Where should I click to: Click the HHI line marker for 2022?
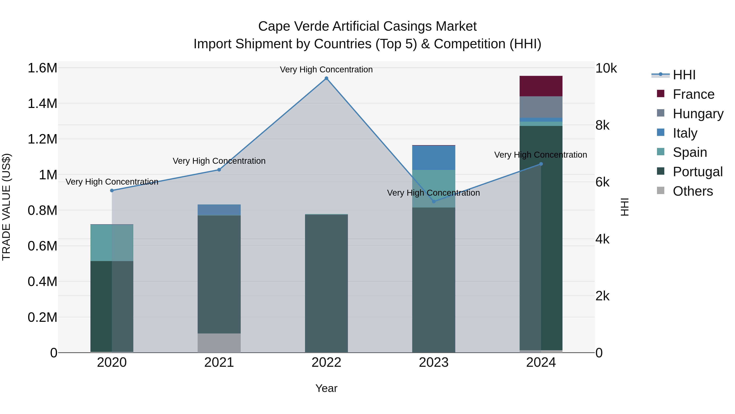click(326, 78)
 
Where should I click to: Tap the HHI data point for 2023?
click(434, 201)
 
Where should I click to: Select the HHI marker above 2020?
click(112, 191)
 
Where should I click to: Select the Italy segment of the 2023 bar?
click(434, 158)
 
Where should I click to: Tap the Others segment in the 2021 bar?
click(219, 343)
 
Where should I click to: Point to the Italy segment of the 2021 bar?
click(219, 210)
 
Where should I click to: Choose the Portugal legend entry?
click(697, 172)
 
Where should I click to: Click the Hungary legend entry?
click(698, 114)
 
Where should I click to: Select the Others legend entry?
click(693, 191)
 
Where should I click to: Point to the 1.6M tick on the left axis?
click(42, 68)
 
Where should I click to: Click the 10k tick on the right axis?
click(606, 68)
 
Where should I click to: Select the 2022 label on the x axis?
click(326, 362)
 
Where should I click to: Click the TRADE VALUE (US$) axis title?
click(6, 207)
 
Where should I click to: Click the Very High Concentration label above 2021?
click(219, 161)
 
